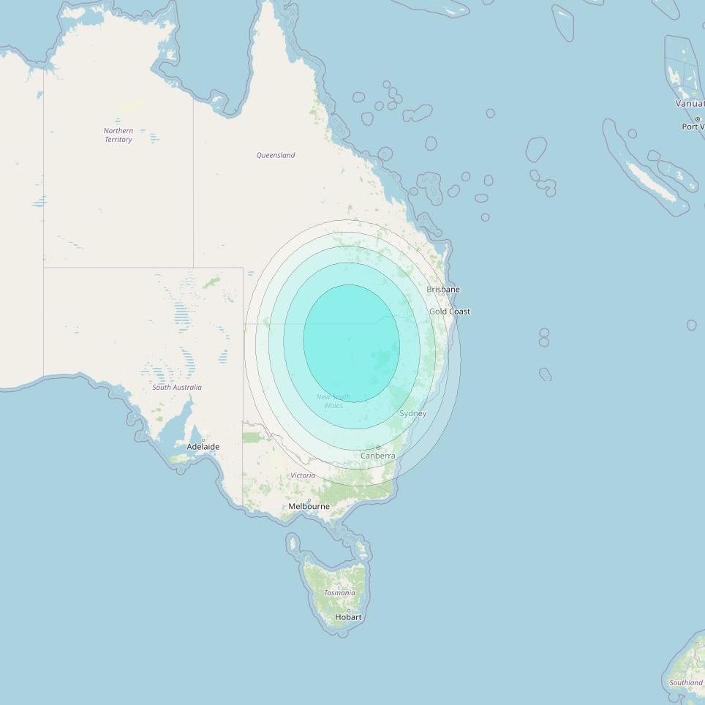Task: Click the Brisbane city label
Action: (x=443, y=290)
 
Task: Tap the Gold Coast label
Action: (x=450, y=312)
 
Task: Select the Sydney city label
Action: (x=412, y=414)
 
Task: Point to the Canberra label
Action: (x=378, y=456)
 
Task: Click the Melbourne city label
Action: (x=309, y=507)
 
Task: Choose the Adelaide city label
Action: (x=203, y=447)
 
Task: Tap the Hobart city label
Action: (x=348, y=617)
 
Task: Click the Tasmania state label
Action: (x=339, y=593)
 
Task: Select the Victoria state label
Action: (x=303, y=475)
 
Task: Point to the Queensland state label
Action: (x=276, y=155)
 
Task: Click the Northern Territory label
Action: (x=118, y=135)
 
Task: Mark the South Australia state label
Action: (x=177, y=388)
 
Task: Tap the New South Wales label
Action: (x=333, y=401)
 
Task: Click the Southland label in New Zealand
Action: (x=686, y=683)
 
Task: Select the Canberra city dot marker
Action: (x=378, y=447)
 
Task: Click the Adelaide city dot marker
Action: (x=203, y=440)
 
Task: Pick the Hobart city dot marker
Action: (x=349, y=610)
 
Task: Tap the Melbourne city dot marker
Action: (x=309, y=499)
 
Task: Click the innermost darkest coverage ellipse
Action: (x=352, y=343)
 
